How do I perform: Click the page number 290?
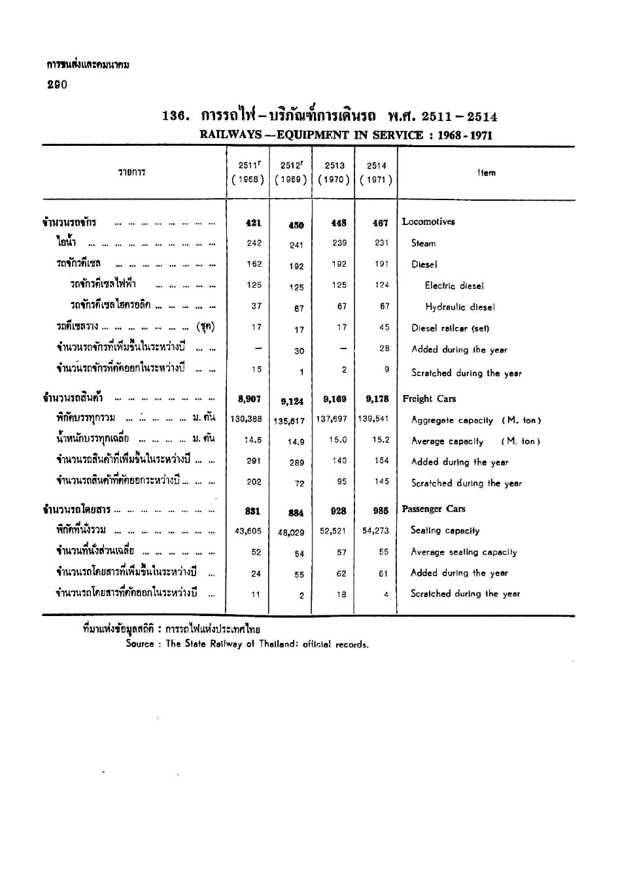[x=57, y=85]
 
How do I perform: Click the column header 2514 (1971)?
[x=376, y=173]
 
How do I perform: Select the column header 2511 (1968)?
[x=249, y=173]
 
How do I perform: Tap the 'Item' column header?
[x=486, y=173]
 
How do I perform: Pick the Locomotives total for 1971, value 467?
[x=381, y=222]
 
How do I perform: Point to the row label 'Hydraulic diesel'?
[x=460, y=307]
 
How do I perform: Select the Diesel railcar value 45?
[x=384, y=328]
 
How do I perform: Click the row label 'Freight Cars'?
[x=429, y=399]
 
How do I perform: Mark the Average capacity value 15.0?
[x=338, y=441]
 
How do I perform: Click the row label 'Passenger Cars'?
[x=434, y=509]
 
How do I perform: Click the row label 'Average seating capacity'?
[x=463, y=552]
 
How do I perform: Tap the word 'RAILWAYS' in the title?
[x=226, y=135]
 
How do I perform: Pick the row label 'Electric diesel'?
[x=454, y=286]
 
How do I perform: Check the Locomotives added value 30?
[x=299, y=351]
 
